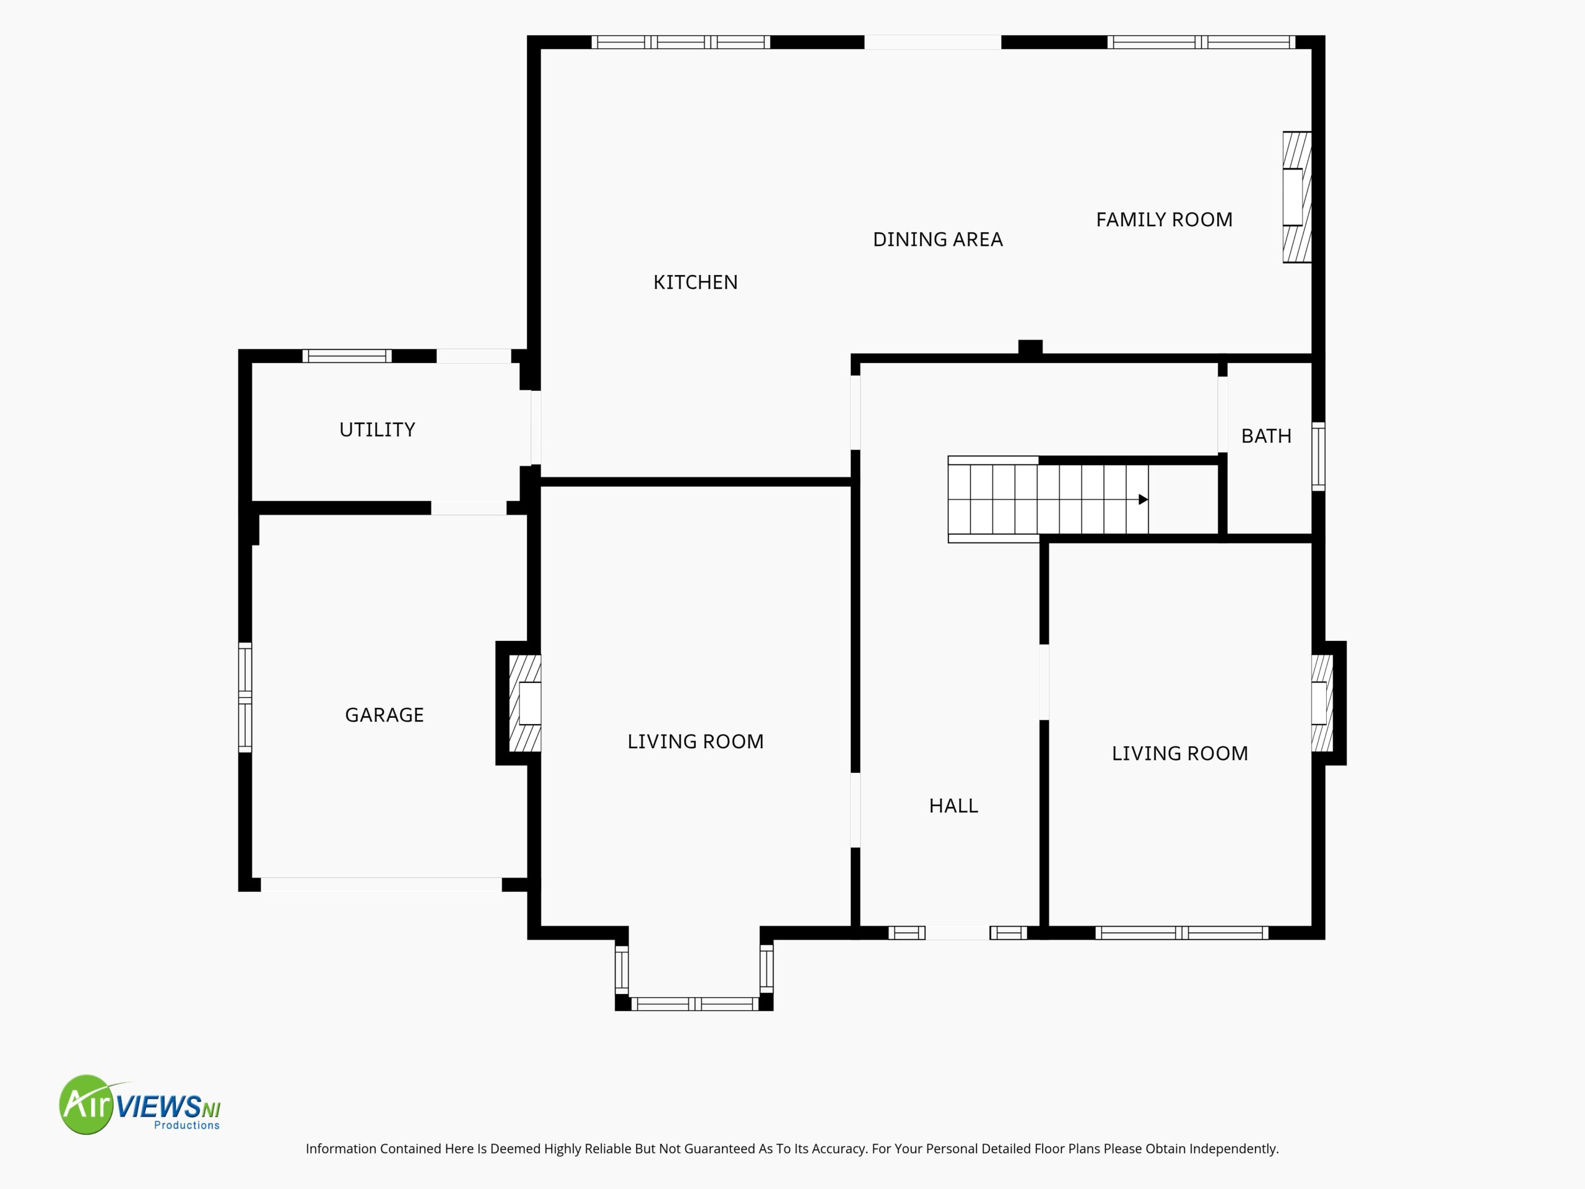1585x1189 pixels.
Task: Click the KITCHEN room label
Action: (x=695, y=282)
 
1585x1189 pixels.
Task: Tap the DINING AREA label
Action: (x=937, y=240)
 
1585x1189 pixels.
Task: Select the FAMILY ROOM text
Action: (x=1165, y=219)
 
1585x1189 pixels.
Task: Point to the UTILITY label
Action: (x=377, y=429)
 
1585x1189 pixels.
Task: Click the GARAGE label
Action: (x=384, y=715)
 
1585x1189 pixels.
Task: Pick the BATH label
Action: (x=1266, y=436)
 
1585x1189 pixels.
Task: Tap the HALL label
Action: (x=953, y=806)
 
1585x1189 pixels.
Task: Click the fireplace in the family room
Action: (x=1297, y=197)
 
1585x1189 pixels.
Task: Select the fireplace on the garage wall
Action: (x=524, y=703)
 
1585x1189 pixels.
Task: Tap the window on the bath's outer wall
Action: (x=1318, y=456)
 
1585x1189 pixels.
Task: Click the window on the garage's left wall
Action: (x=245, y=697)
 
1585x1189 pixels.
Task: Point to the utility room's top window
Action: (x=347, y=355)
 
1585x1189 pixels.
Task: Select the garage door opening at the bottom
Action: (x=381, y=884)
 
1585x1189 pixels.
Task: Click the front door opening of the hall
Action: (x=957, y=933)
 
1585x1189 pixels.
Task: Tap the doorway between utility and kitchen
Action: (x=536, y=428)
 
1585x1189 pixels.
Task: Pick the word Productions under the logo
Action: (x=187, y=1125)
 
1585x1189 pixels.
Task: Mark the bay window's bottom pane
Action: (x=694, y=1004)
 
